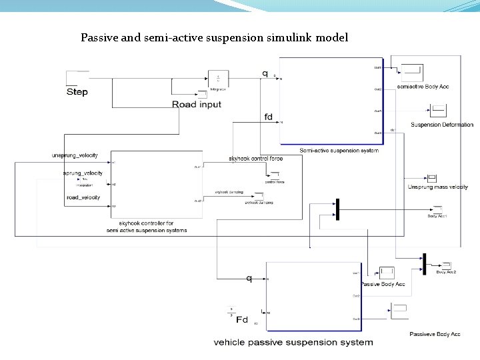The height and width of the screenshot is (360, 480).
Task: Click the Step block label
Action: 77,92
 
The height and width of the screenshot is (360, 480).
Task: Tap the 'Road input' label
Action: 197,105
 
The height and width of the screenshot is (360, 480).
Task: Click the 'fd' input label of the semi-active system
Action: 268,117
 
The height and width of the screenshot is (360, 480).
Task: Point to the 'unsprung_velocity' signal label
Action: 75,155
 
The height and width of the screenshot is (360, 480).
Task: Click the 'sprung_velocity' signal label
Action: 83,173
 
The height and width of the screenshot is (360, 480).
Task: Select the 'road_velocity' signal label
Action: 83,197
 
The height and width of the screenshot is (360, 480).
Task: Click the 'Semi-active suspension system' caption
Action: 339,151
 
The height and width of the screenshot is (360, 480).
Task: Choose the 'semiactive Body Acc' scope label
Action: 423,87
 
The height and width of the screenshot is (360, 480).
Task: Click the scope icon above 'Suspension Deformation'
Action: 439,111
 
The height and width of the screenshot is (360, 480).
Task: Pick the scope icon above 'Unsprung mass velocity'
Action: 431,178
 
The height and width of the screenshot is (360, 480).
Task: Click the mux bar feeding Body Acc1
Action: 338,209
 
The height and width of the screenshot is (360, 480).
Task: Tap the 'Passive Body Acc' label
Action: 383,284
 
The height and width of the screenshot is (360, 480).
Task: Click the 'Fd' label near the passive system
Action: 242,320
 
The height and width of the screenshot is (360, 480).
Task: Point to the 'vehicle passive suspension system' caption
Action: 293,343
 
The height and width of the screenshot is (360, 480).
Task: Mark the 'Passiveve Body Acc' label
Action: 435,334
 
